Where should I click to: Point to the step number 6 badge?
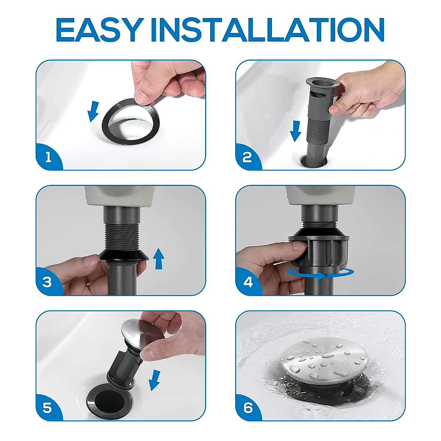pyautogui.click(x=248, y=408)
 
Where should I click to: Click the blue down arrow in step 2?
pyautogui.click(x=295, y=131)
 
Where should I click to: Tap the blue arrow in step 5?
pyautogui.click(x=155, y=380)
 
